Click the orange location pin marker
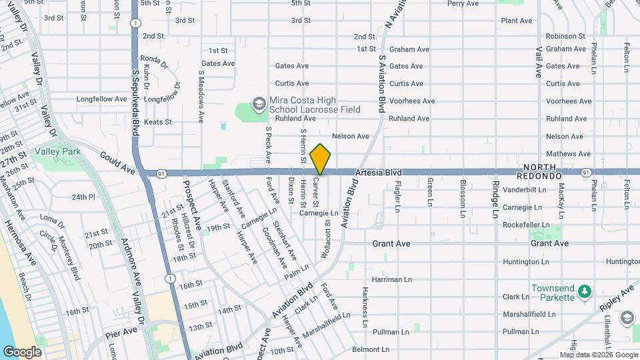(321, 159)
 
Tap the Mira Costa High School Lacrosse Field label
(315, 105)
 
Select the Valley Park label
(59, 151)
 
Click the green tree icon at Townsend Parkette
(585, 291)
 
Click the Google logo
(22, 351)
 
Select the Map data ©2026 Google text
(598, 355)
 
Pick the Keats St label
(158, 122)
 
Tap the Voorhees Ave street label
(411, 101)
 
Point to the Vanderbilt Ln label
(525, 189)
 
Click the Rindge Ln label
(495, 199)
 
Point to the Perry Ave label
(463, 3)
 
